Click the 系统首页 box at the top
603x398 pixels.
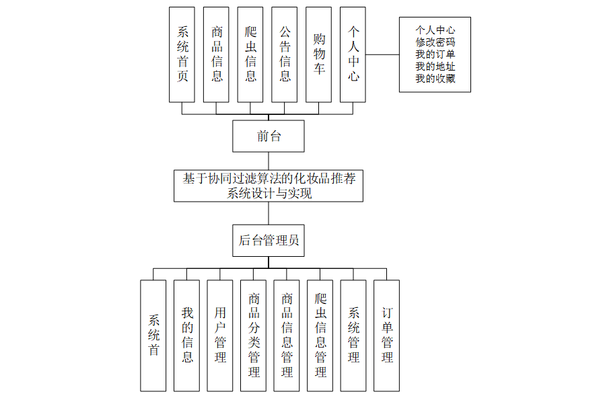point(182,54)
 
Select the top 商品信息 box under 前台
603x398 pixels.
point(217,54)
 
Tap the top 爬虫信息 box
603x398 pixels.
point(250,54)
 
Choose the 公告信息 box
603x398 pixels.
point(285,54)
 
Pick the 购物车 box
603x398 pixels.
point(318,54)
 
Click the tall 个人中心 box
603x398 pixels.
point(353,54)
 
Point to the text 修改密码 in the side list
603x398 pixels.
point(435,42)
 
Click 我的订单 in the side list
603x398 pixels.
point(435,54)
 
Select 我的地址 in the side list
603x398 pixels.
point(435,67)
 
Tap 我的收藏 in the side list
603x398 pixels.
point(435,79)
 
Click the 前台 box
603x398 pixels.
point(269,136)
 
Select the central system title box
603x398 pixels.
point(269,186)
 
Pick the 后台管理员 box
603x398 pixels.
point(269,240)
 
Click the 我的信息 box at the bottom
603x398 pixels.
point(186,335)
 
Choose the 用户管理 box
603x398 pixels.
point(220,335)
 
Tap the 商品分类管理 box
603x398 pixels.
point(253,335)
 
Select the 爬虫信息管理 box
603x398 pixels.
point(320,335)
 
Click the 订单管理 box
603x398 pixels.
point(386,335)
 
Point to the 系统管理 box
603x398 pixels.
point(353,335)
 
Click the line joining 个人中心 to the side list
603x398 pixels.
point(382,54)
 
